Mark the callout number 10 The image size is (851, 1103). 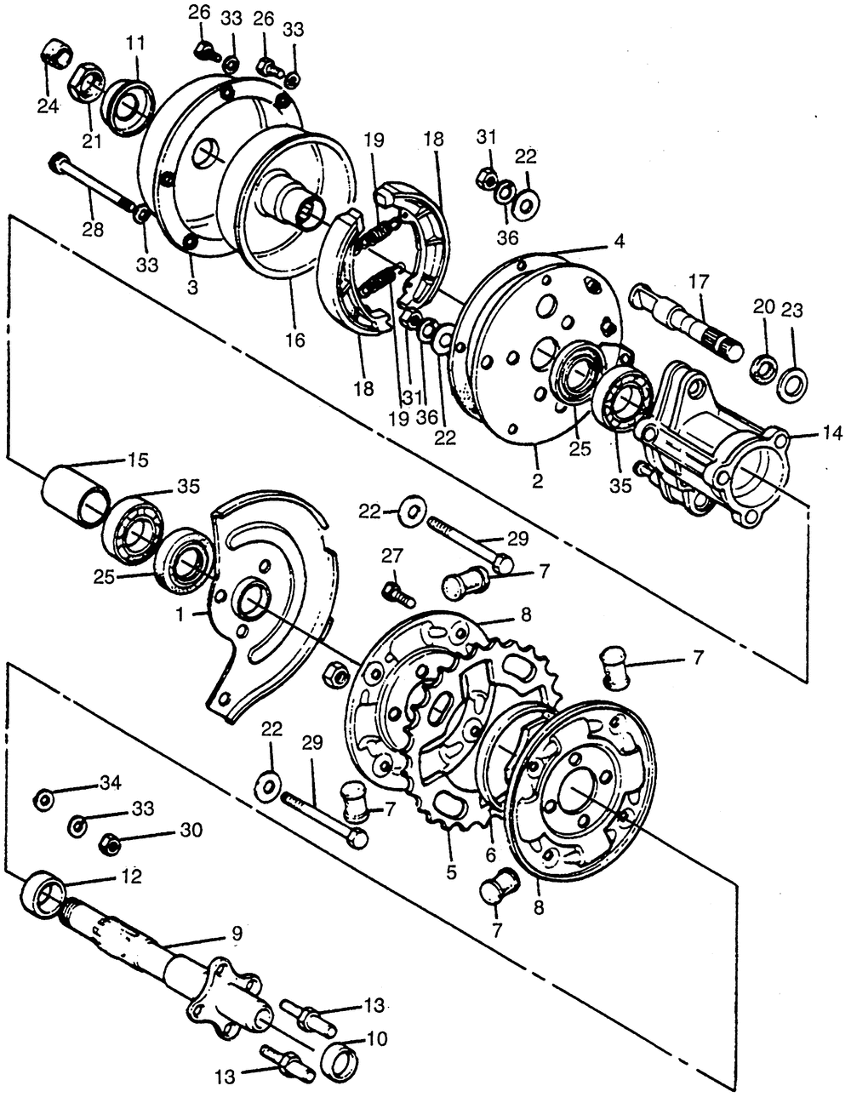(376, 1039)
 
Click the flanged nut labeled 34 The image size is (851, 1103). (42, 800)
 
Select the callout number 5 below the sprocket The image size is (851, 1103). (451, 872)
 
